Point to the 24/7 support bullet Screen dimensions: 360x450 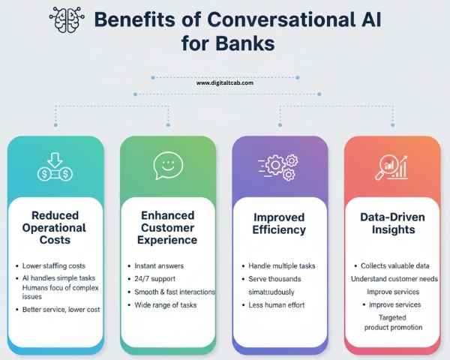click(x=154, y=279)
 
